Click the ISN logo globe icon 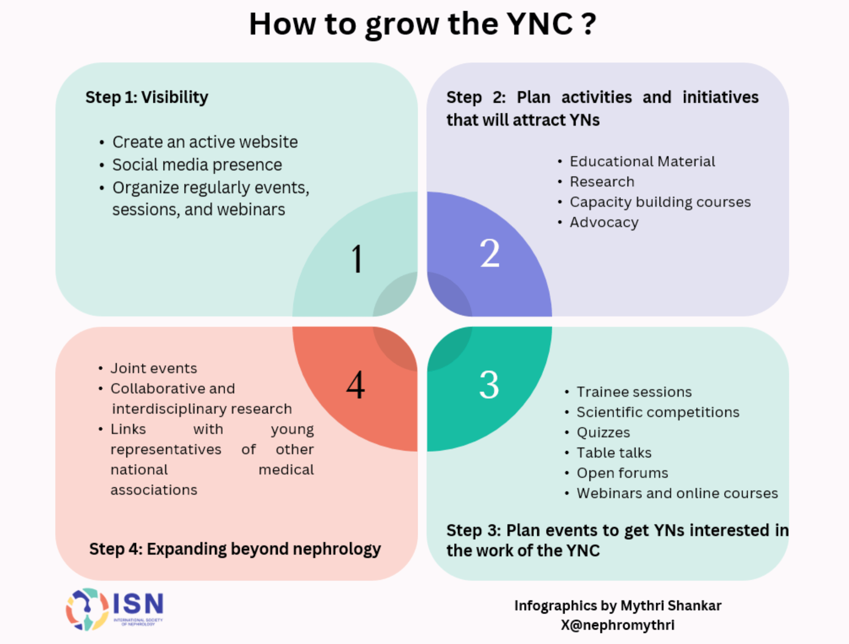87,609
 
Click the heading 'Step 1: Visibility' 146,97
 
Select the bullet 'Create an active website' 205,142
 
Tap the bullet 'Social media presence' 197,165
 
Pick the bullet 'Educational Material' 642,162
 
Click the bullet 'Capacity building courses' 660,202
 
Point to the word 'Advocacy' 604,222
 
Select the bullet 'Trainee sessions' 634,392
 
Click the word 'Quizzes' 603,433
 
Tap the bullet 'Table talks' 614,453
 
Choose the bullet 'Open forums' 622,473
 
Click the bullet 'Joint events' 154,369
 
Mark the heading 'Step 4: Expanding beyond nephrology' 235,549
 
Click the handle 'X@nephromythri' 618,625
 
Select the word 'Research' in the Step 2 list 602,182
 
